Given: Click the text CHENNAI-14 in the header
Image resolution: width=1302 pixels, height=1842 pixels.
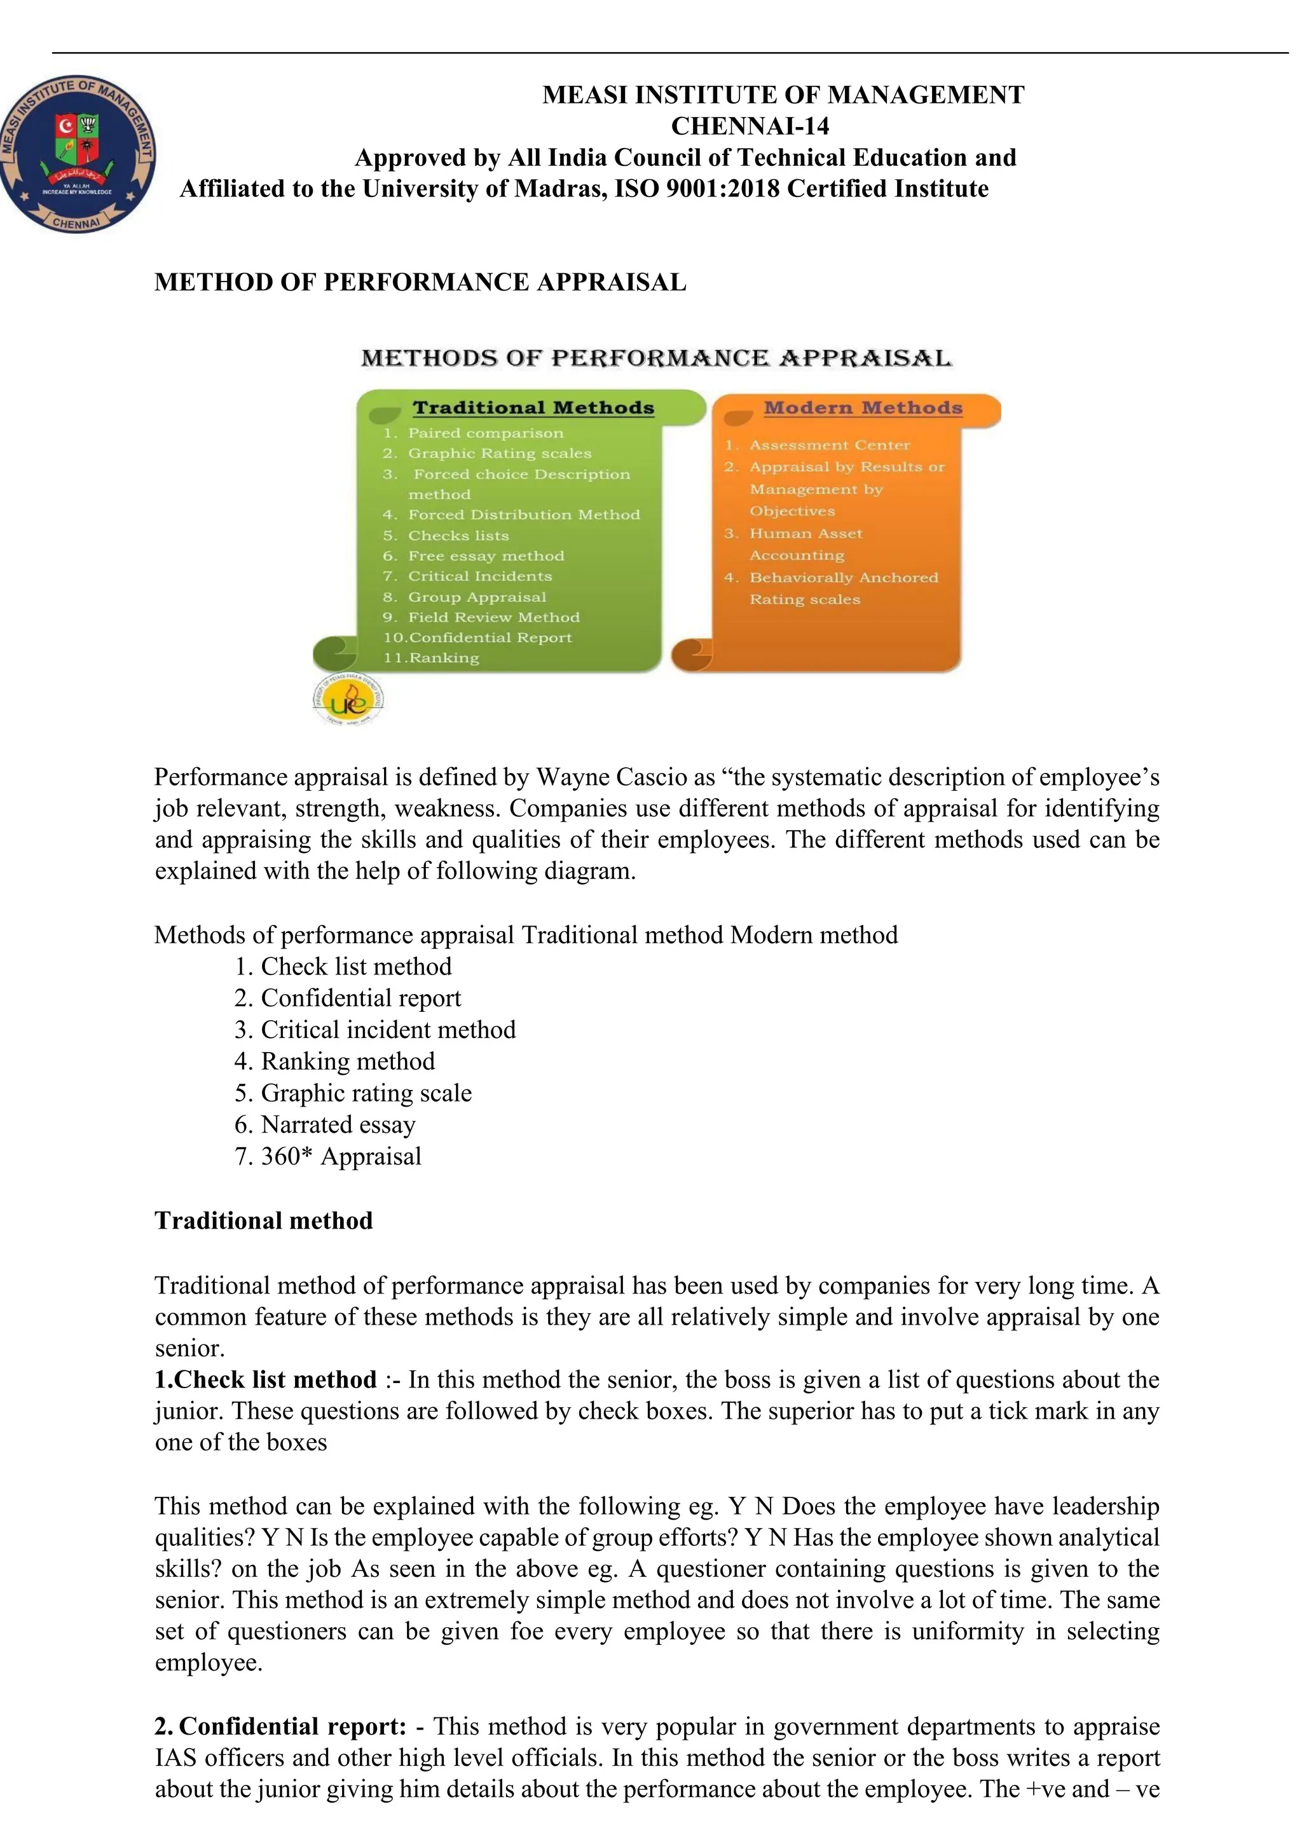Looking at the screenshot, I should (x=750, y=126).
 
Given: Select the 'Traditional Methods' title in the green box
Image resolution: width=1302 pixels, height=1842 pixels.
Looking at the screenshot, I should (x=533, y=407).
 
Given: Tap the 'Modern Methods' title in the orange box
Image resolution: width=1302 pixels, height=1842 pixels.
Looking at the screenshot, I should (x=863, y=407).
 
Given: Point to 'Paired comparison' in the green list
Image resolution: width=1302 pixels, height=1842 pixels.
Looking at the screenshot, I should (x=485, y=433).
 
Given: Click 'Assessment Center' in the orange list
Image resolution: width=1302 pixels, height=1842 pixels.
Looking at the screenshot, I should (x=830, y=446).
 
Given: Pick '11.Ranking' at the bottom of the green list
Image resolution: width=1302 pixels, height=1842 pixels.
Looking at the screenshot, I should (x=432, y=658).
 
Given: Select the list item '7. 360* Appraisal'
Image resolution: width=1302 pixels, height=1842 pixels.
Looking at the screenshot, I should (x=327, y=1156).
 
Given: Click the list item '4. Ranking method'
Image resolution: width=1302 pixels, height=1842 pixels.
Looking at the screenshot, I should (x=334, y=1061).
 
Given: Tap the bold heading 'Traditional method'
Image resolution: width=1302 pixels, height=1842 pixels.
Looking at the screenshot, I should (x=263, y=1220).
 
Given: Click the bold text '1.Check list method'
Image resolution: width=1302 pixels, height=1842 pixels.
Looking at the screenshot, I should (x=266, y=1379).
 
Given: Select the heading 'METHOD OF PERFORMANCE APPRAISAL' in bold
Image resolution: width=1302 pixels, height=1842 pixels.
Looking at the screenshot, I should (x=420, y=282).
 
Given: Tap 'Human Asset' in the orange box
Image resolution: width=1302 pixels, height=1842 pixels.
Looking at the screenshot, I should (x=805, y=533).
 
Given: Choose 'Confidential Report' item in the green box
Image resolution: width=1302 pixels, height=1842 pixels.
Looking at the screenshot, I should (x=490, y=638).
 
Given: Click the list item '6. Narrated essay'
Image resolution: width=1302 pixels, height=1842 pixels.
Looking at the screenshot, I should (x=325, y=1125).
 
